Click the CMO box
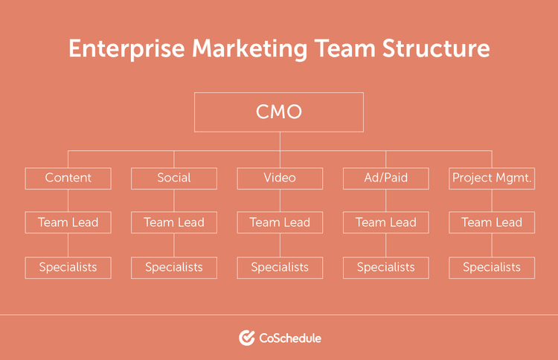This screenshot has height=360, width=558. pyautogui.click(x=279, y=112)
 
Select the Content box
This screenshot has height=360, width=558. pyautogui.click(x=68, y=178)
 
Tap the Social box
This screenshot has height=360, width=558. pyautogui.click(x=174, y=178)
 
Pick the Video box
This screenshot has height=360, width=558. pyautogui.click(x=280, y=178)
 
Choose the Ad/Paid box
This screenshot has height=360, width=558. pyautogui.click(x=385, y=178)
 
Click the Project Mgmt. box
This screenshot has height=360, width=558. pyautogui.click(x=492, y=178)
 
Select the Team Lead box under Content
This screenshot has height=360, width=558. pyautogui.click(x=68, y=222)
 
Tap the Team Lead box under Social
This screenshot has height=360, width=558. pyautogui.click(x=174, y=222)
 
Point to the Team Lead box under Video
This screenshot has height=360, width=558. pyautogui.click(x=280, y=222)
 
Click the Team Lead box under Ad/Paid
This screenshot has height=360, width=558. pyautogui.click(x=385, y=222)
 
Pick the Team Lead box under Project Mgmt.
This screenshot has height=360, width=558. pyautogui.click(x=492, y=222)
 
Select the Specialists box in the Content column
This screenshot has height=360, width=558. pyautogui.click(x=68, y=267)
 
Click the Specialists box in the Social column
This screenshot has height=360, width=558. pyautogui.click(x=174, y=267)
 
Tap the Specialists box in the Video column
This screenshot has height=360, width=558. pyautogui.click(x=280, y=267)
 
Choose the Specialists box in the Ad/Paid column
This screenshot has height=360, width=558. pyautogui.click(x=385, y=267)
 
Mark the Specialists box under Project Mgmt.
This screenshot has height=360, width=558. pyautogui.click(x=492, y=267)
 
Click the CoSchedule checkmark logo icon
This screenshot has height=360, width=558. pyautogui.click(x=247, y=338)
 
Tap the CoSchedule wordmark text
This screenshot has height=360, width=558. pyautogui.click(x=290, y=338)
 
